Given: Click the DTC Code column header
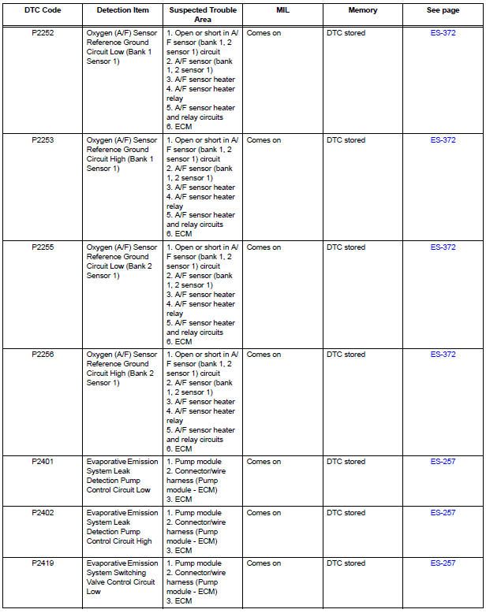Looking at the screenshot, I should click(43, 11).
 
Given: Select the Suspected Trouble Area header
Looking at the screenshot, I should click(202, 15).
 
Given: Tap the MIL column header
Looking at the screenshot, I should click(282, 11).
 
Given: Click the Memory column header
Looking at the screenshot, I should click(363, 11).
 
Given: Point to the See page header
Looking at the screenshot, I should click(443, 11).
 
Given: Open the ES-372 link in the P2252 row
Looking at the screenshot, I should click(443, 33).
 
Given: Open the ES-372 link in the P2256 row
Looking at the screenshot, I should click(443, 355).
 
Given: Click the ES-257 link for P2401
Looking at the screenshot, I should click(443, 462).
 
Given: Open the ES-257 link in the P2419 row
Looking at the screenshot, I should click(443, 563).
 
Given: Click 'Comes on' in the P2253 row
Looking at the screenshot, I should click(264, 140).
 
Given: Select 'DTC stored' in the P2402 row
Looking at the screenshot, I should click(346, 513).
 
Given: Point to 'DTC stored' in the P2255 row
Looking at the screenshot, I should click(346, 247).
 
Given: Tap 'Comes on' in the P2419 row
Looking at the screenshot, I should click(264, 563).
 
